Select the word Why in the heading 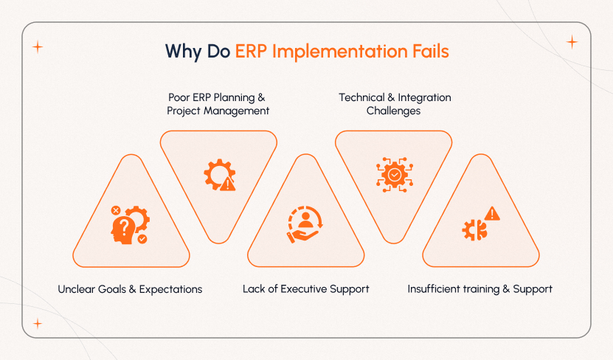click(x=181, y=52)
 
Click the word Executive click(x=299, y=289)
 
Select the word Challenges click(x=394, y=111)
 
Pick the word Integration click(x=424, y=97)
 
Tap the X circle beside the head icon click(x=115, y=210)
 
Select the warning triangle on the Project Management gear click(x=227, y=184)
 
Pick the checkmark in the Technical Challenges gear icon click(x=395, y=175)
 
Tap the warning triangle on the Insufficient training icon click(x=492, y=214)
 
